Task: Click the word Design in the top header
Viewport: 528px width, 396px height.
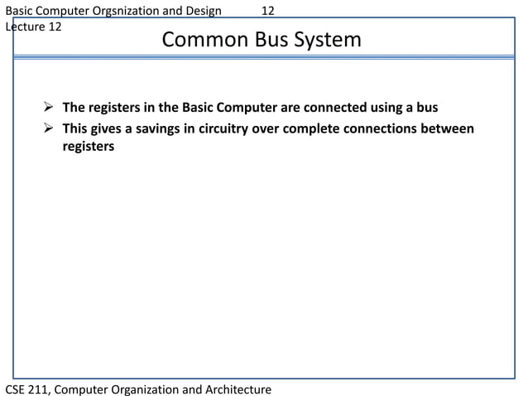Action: [201, 11]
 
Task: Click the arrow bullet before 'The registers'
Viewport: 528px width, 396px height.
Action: [50, 109]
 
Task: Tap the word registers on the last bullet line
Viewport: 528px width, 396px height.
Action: [88, 147]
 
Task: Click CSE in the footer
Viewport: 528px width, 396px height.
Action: [17, 389]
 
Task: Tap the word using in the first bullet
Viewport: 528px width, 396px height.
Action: [383, 109]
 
